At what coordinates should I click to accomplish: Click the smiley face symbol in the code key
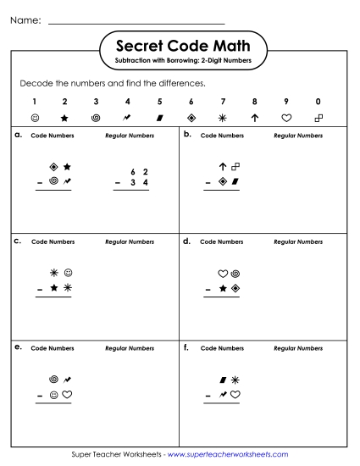pyautogui.click(x=35, y=118)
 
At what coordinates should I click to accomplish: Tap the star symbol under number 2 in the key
pyautogui.click(x=64, y=118)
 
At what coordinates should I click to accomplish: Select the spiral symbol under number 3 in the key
pyautogui.click(x=96, y=118)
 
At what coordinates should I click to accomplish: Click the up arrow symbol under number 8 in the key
pyautogui.click(x=255, y=118)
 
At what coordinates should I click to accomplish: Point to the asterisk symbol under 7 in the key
pyautogui.click(x=223, y=118)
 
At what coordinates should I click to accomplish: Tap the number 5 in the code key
pyautogui.click(x=159, y=102)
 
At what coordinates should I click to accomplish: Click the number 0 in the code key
pyautogui.click(x=318, y=102)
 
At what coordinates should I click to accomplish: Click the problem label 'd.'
pyautogui.click(x=187, y=241)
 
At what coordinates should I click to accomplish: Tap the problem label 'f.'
pyautogui.click(x=186, y=347)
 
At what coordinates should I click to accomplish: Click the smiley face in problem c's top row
pyautogui.click(x=68, y=273)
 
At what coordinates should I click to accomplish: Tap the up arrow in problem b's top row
pyautogui.click(x=223, y=167)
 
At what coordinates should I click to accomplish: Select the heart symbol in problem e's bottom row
pyautogui.click(x=67, y=394)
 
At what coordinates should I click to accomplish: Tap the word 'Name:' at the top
pyautogui.click(x=25, y=19)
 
